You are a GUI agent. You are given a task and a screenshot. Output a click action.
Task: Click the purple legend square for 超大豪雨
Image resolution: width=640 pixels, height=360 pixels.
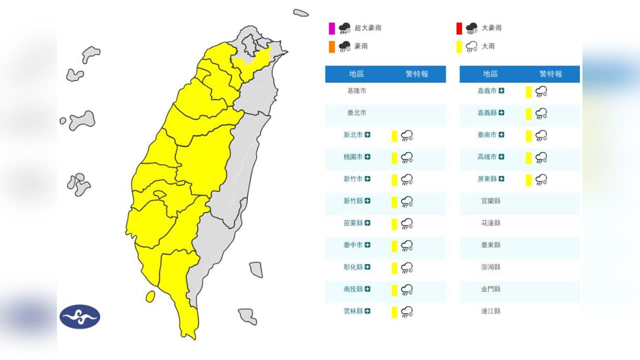point(331,28)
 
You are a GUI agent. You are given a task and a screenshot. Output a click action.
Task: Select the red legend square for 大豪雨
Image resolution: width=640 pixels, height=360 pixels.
point(459,28)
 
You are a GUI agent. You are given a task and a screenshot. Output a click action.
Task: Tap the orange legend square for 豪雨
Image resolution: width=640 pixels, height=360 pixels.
point(331,46)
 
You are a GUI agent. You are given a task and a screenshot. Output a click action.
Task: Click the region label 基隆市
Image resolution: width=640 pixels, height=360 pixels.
point(356,91)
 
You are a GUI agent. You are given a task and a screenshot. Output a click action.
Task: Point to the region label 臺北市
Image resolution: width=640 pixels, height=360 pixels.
point(356,113)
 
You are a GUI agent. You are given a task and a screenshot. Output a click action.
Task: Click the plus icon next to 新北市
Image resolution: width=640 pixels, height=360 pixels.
point(367,135)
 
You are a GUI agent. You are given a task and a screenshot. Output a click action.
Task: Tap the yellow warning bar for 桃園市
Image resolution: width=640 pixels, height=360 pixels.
point(394,157)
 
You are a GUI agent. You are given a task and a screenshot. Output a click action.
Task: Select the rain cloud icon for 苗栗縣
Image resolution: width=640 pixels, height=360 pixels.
point(407,223)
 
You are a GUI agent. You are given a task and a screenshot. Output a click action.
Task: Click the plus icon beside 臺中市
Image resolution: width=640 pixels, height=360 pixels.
point(367,245)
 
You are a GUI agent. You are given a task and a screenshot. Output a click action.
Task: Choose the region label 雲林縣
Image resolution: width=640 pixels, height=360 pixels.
point(353,311)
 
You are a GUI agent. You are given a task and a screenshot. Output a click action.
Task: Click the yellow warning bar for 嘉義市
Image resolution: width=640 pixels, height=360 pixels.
point(528,91)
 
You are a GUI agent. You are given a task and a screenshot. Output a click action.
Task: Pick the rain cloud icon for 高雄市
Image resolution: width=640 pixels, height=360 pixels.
point(541,157)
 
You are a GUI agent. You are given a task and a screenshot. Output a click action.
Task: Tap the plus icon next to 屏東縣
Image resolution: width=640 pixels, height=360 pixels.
point(501,179)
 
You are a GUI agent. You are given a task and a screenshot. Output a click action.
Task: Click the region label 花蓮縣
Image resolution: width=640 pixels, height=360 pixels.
point(490,223)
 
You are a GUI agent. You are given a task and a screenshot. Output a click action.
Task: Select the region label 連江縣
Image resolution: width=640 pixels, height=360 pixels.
point(490,311)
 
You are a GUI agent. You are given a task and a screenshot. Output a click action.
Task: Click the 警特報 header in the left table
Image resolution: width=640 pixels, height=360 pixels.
point(417,74)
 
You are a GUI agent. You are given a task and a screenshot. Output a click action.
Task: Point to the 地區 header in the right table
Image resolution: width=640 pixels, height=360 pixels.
point(490,74)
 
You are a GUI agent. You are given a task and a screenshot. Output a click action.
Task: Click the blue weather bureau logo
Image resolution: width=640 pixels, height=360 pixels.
point(80,316)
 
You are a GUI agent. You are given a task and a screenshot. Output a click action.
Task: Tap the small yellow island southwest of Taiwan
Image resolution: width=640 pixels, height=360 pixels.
point(150,296)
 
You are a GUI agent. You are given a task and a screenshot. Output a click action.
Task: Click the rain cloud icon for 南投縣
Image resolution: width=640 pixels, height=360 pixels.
point(407,289)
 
